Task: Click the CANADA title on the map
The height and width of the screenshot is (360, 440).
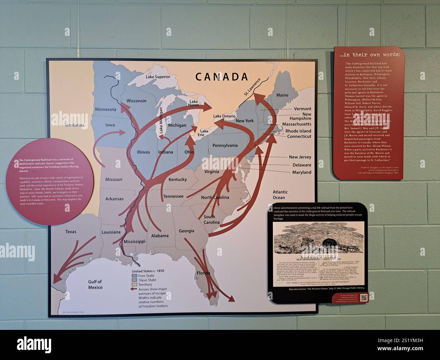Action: click(x=222, y=77)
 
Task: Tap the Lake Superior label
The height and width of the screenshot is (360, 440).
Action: click(x=158, y=77)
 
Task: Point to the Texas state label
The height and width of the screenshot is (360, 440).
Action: click(x=71, y=232)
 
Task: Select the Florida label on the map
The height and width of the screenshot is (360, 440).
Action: click(x=203, y=273)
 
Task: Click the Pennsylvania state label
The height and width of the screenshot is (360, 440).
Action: click(x=225, y=145)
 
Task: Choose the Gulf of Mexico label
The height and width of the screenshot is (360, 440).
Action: click(x=95, y=285)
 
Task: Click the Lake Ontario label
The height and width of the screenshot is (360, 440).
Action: click(x=224, y=116)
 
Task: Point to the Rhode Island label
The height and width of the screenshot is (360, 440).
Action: click(x=298, y=131)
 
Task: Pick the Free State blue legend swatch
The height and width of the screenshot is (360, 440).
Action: click(x=134, y=276)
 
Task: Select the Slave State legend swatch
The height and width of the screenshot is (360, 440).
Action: click(x=134, y=280)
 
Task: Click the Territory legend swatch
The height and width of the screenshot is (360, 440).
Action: click(x=134, y=285)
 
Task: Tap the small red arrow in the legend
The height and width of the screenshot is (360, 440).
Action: click(x=134, y=290)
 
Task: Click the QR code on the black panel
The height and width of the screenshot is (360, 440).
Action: click(x=364, y=298)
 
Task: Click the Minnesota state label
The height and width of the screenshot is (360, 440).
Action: click(x=106, y=109)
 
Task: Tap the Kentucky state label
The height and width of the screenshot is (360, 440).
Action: click(x=177, y=179)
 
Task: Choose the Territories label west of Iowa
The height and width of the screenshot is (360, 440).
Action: click(x=74, y=125)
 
